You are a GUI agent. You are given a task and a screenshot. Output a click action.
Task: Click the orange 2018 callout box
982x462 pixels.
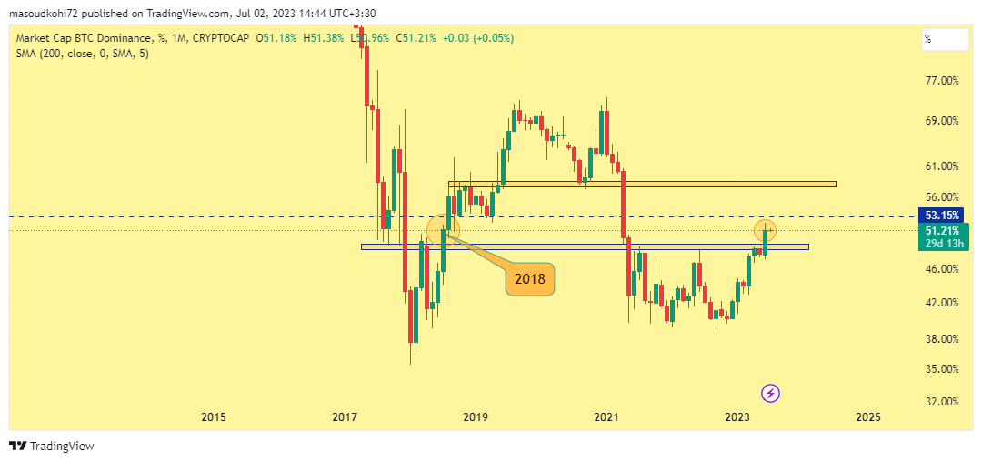coord(529,279)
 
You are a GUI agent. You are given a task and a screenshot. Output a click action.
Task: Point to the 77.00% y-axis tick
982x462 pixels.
coord(941,81)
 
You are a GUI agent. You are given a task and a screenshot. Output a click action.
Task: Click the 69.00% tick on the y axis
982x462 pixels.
coord(941,121)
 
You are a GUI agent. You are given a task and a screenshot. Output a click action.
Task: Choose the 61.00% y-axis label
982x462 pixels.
coord(941,166)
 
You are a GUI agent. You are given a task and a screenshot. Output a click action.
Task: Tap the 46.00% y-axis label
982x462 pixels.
coord(941,269)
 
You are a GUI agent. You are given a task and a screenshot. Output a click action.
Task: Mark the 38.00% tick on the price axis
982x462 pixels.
coord(941,339)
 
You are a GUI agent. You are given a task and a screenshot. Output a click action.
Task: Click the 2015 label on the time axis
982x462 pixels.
coord(213,417)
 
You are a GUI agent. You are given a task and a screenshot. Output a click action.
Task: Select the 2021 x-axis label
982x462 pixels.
coord(606,417)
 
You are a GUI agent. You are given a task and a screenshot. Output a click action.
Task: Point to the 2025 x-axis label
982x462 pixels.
coord(868,417)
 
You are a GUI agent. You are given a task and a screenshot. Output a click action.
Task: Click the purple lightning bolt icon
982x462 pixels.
coord(770,393)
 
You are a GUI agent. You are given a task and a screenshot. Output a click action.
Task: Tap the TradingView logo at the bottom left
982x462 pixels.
coord(52,446)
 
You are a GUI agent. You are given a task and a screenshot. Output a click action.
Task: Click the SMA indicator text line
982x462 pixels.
coord(83,54)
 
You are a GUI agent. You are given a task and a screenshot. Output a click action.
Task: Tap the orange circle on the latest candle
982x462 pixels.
coord(766,229)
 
